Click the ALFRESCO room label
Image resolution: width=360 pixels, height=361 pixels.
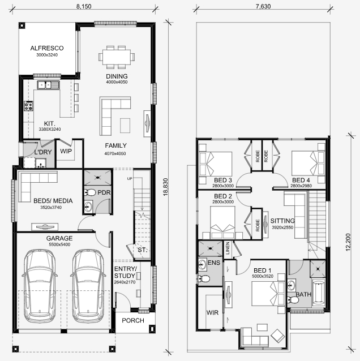pos(47,48)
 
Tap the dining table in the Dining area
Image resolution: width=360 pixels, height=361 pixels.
pos(117,57)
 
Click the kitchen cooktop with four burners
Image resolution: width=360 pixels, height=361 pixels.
pos(28,106)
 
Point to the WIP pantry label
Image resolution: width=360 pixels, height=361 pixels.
pos(66,151)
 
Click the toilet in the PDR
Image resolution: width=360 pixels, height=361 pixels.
pos(90,192)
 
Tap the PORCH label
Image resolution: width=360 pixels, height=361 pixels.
pos(133,320)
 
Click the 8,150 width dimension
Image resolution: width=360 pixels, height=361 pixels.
pos(84,6)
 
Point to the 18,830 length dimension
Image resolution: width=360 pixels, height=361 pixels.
pos(166,187)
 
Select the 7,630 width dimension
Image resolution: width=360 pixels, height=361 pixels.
pos(263,6)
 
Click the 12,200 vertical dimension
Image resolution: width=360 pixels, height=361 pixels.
pos(348,242)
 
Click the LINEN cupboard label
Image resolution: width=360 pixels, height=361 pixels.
pos(228,248)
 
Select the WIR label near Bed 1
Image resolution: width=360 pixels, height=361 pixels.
pos(212,313)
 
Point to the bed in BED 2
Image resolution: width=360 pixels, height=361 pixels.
pos(222,222)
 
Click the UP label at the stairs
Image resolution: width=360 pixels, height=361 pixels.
pos(130,179)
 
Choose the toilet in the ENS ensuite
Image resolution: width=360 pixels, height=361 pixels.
pos(203,279)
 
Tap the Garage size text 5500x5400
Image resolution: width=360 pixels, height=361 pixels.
pos(59,244)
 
